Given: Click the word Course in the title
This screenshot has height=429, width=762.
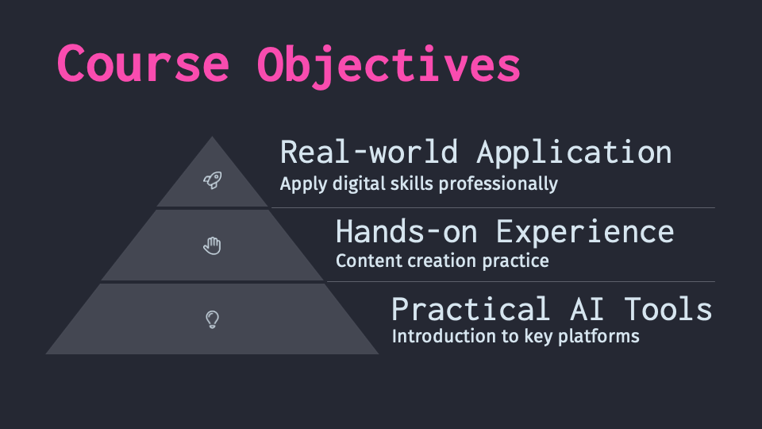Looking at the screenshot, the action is (143, 64).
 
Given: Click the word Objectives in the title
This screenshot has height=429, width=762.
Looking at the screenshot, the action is (389, 67).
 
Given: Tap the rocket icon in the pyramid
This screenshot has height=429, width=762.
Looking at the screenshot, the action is (213, 180).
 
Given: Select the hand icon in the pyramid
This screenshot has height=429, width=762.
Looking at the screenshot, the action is (213, 245).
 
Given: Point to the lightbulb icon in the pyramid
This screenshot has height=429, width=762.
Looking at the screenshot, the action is (213, 319).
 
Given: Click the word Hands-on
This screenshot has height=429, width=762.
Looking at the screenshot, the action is (407, 231).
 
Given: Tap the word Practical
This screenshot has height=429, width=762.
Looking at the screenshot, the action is (471, 309).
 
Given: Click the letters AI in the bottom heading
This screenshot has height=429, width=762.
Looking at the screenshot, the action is (587, 309).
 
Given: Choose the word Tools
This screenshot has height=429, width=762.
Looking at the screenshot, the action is (668, 309).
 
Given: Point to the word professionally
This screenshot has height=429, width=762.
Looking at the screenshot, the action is (498, 184).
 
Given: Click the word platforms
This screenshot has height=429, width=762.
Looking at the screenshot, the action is (598, 337).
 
